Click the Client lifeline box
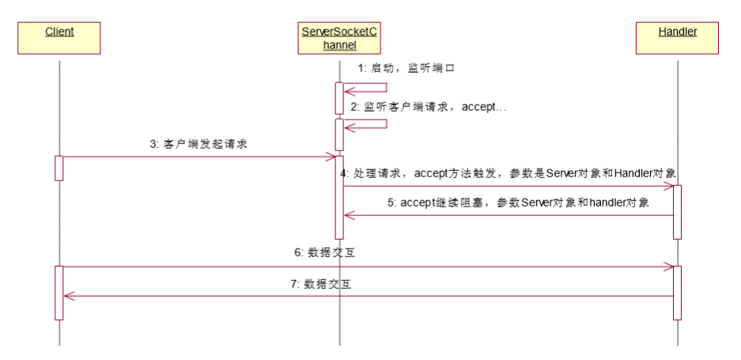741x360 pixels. tap(59, 38)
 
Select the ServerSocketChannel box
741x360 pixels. tap(340, 38)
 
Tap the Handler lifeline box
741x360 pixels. tap(677, 38)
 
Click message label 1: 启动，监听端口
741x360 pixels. tap(406, 69)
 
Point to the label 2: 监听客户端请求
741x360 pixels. tap(428, 106)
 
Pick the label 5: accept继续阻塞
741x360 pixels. tap(519, 203)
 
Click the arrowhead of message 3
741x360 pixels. tap(331, 157)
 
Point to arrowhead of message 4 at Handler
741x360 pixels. tap(668, 187)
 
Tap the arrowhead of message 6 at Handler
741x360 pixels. tap(668, 267)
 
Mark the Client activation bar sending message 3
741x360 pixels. tap(59, 168)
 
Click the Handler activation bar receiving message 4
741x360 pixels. tap(677, 211)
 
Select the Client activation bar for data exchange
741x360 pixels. tap(59, 293)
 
